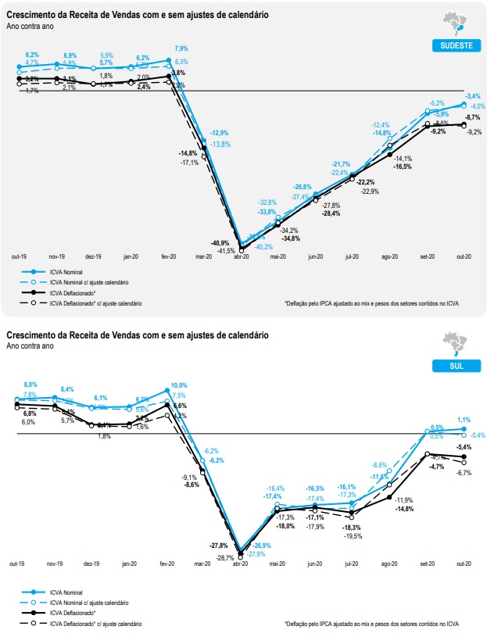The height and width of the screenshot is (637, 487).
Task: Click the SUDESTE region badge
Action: pos(453,45)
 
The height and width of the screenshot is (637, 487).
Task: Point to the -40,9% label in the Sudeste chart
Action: pos(220,243)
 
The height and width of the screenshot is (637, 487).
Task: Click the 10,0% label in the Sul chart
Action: pos(179,385)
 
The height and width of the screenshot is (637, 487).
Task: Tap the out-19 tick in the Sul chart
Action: pos(18,564)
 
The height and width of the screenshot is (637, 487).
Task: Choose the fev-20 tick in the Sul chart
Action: pos(167,564)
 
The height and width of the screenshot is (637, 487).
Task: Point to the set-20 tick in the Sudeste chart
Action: pos(427,256)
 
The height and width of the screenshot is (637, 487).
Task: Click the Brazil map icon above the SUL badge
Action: pos(454,344)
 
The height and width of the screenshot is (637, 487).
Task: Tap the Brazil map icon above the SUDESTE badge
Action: pos(454,23)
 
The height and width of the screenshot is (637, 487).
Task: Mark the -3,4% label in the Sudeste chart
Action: pos(472,95)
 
